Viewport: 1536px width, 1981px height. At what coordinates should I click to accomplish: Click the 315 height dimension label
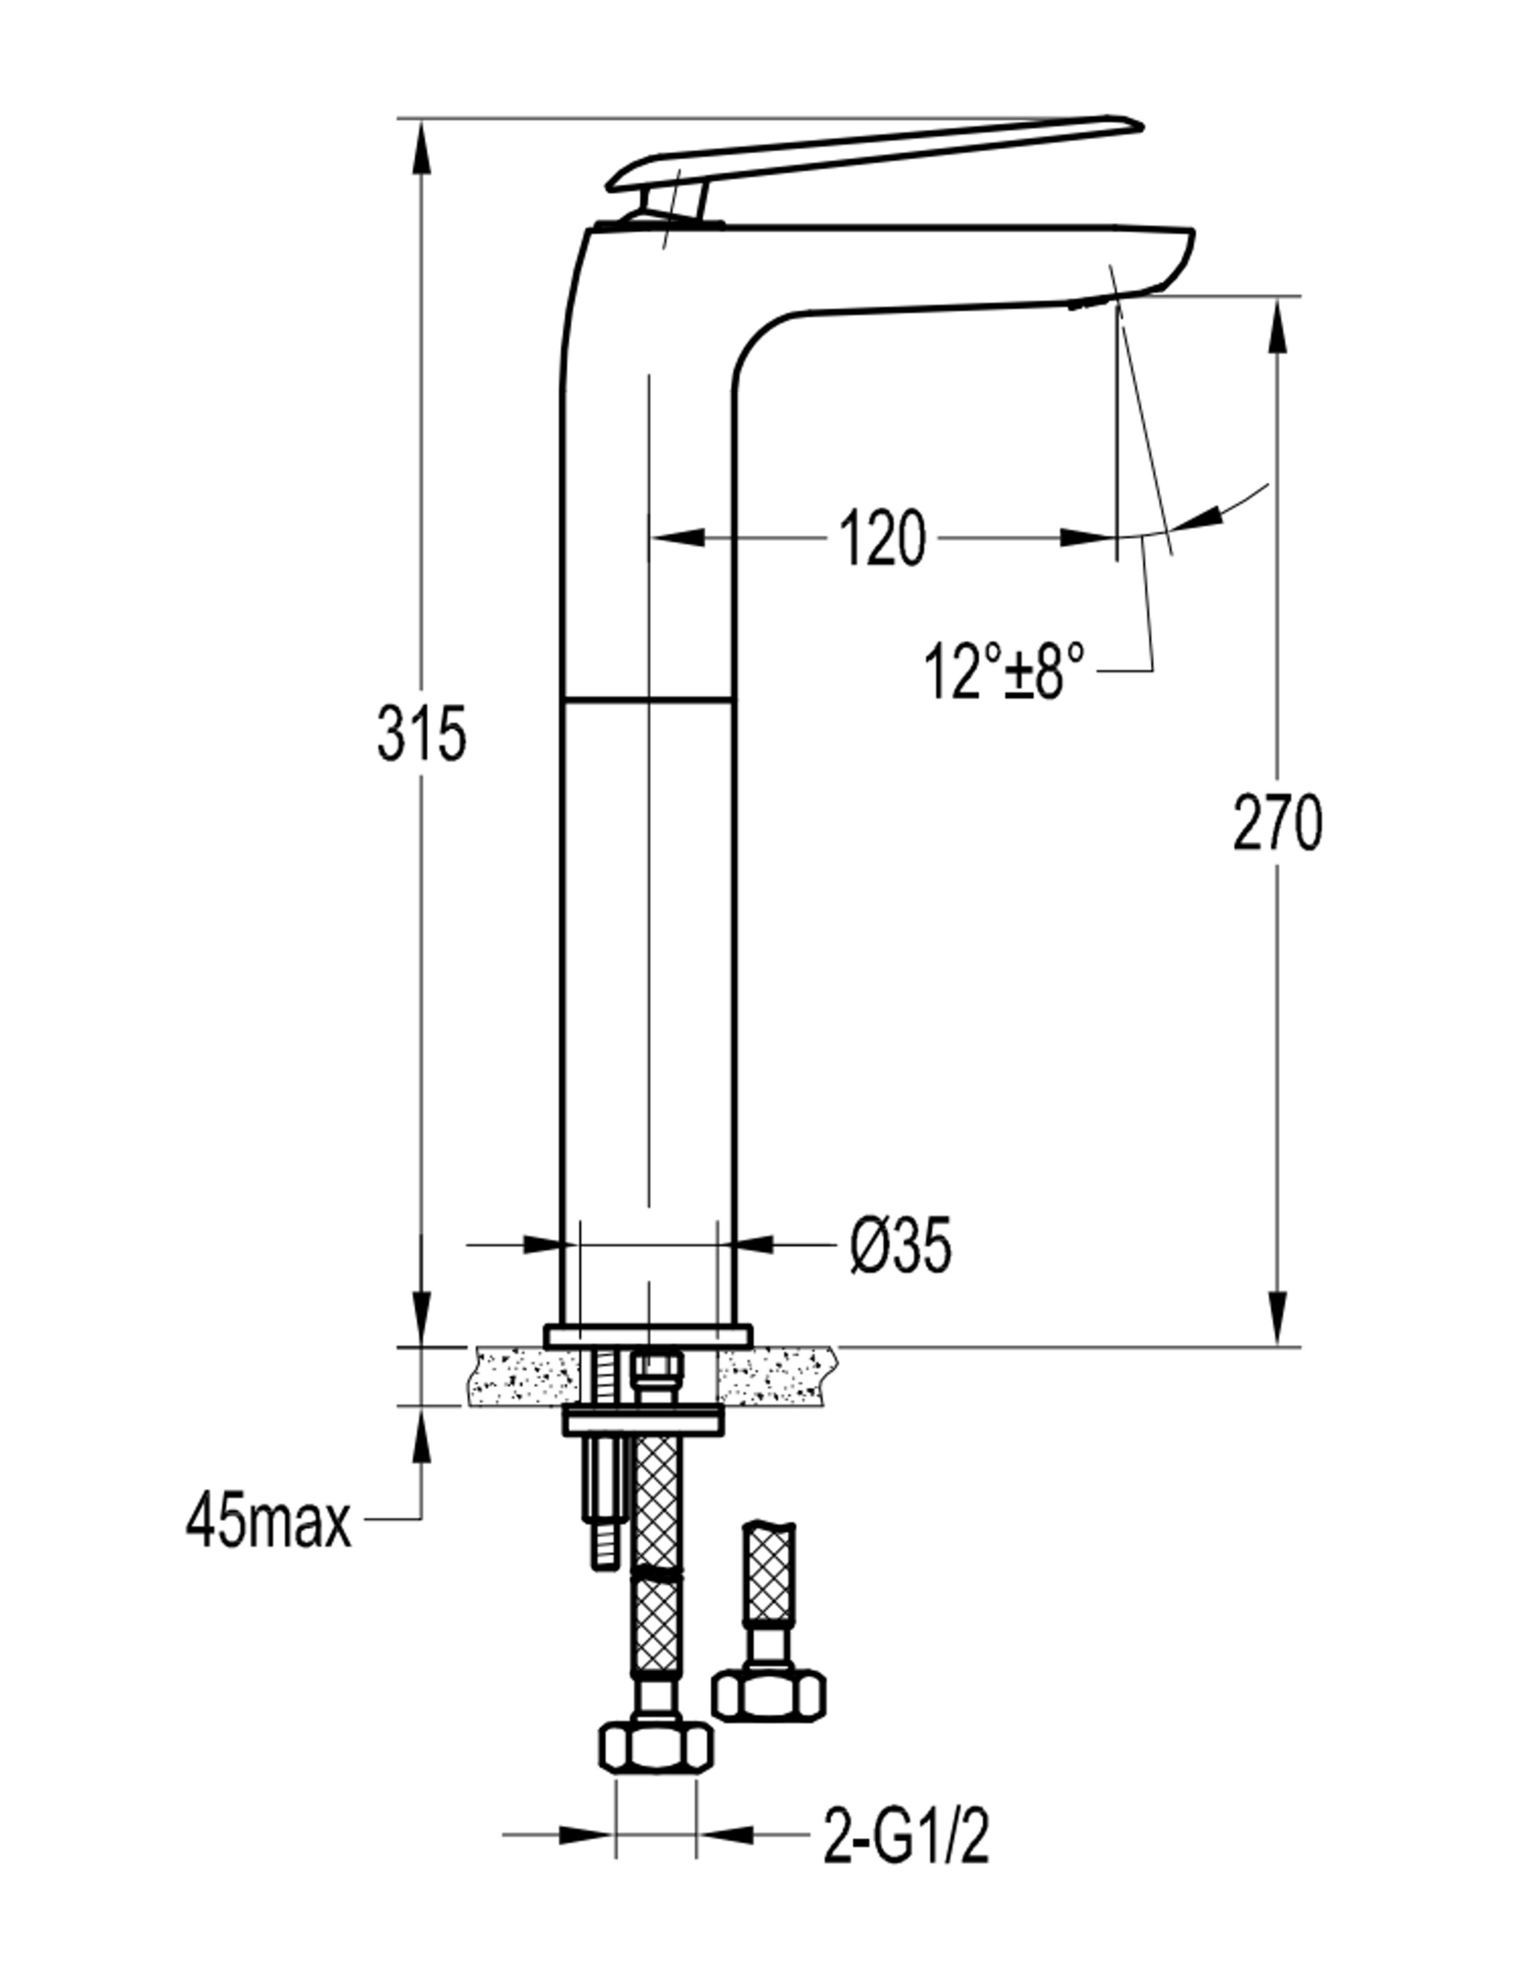(421, 733)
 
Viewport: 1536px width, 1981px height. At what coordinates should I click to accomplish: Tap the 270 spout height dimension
(1277, 822)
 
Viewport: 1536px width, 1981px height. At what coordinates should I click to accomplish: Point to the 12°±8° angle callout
(1005, 670)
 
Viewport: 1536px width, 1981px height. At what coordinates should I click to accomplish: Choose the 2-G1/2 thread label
(906, 1834)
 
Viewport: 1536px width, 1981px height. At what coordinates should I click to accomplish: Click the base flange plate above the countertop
(647, 1335)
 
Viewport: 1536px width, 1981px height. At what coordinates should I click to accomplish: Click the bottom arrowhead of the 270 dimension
(1277, 1319)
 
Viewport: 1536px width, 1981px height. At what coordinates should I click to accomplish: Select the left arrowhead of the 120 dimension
(677, 537)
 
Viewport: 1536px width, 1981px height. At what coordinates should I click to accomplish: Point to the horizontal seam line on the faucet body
(648, 701)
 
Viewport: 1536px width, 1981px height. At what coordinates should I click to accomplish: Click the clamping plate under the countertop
(643, 1421)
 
